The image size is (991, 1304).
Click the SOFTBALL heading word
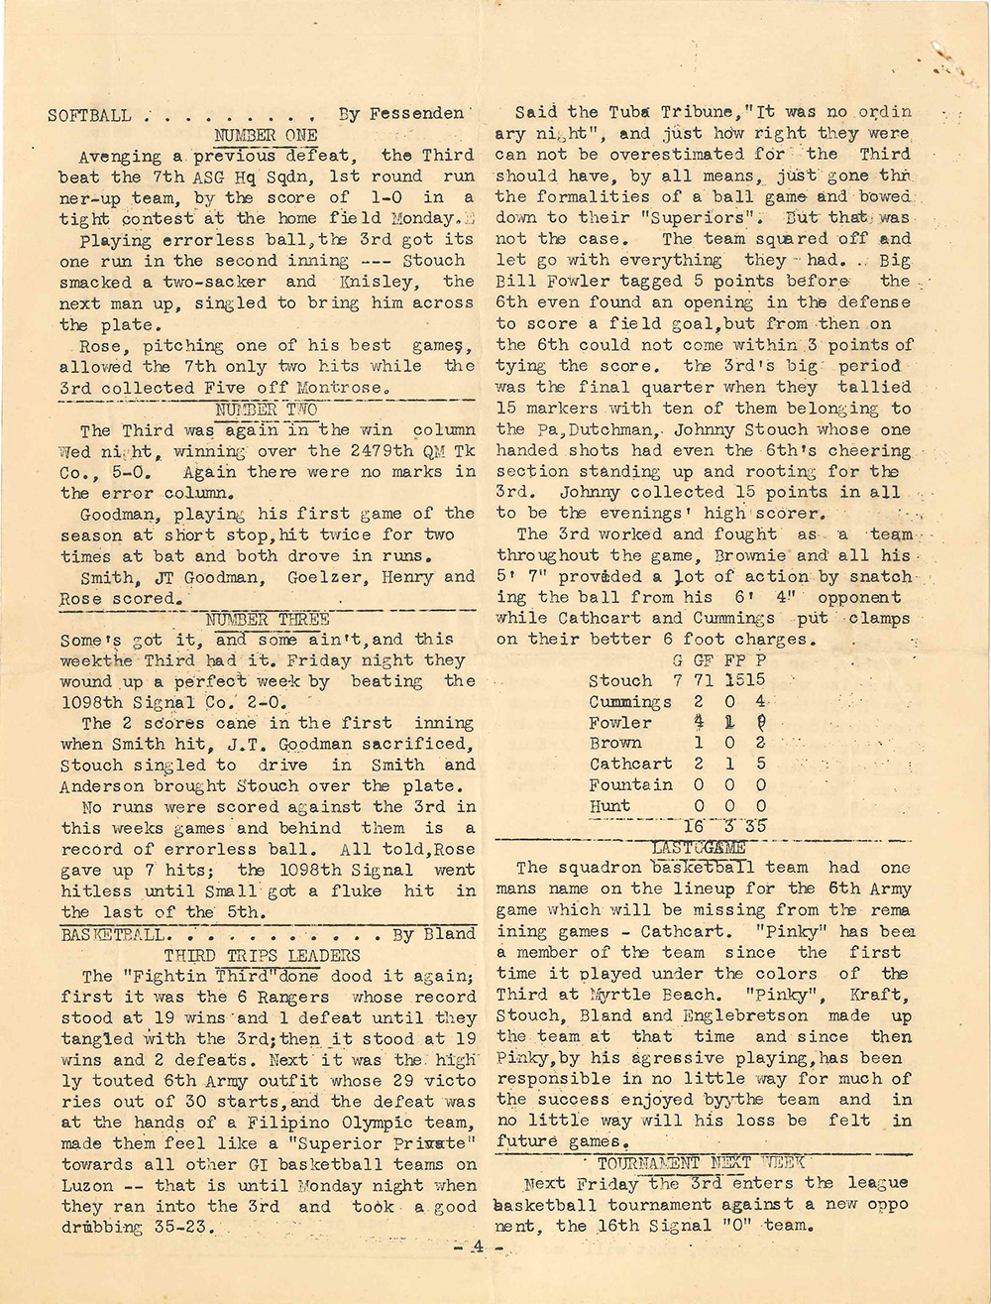(x=89, y=115)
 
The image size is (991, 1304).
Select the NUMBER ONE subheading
(x=266, y=135)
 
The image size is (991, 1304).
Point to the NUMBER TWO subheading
(x=266, y=410)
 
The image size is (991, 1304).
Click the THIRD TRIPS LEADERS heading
(x=262, y=955)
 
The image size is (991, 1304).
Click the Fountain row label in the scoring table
(x=630, y=784)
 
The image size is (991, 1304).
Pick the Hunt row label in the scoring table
(x=609, y=805)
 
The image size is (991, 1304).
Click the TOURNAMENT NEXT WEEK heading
(x=701, y=1162)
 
